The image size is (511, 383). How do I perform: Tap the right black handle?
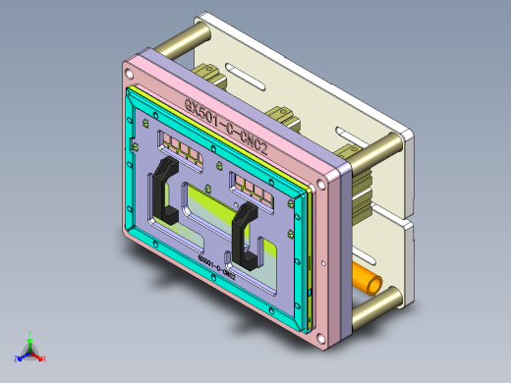pos(242,238)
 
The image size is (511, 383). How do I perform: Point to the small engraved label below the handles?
pos(217,268)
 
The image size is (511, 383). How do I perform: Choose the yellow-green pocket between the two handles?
pos(211,207)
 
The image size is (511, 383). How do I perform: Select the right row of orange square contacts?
pos(252,186)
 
